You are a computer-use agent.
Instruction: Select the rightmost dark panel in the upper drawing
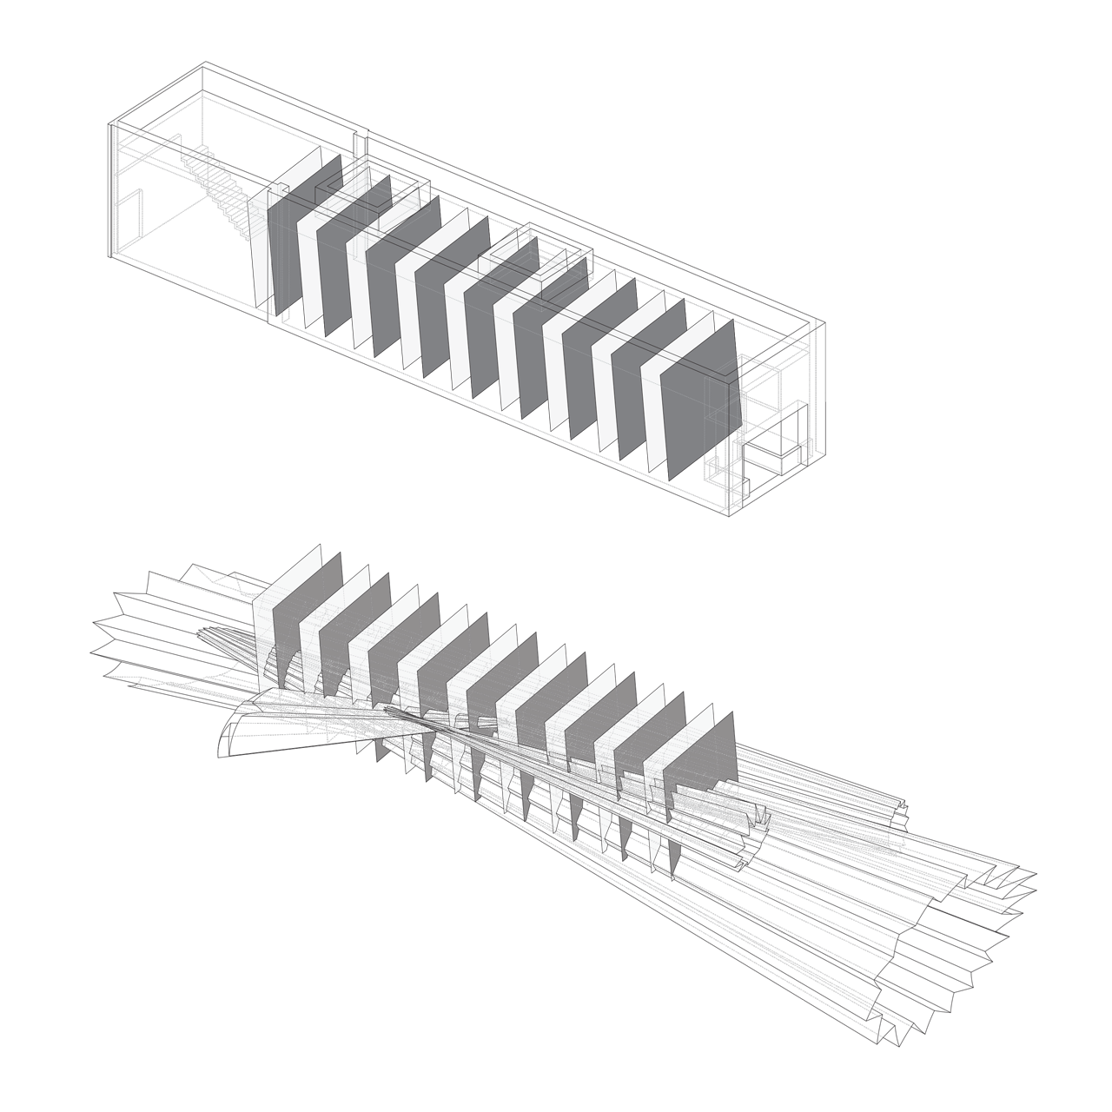(x=699, y=401)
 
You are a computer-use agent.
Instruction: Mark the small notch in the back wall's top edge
(x=362, y=135)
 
